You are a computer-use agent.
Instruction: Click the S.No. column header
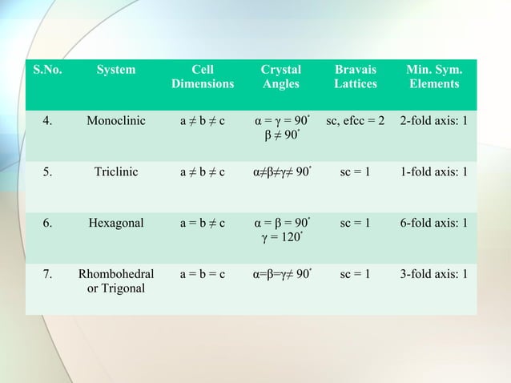coord(48,71)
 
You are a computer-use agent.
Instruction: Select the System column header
coord(116,71)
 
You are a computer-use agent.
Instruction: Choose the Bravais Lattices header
coord(355,77)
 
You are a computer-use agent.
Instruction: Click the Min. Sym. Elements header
coord(433,77)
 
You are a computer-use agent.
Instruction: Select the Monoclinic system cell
coord(116,122)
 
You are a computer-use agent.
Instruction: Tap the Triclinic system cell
coord(116,172)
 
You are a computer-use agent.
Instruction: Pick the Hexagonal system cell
coord(116,223)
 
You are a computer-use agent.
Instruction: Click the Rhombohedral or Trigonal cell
coord(116,280)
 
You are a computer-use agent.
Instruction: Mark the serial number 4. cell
coord(48,122)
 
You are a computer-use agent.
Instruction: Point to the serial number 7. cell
coord(48,274)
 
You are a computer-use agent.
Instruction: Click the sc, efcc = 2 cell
coord(355,122)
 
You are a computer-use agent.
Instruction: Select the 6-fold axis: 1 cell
coord(433,223)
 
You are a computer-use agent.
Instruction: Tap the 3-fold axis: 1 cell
coord(433,274)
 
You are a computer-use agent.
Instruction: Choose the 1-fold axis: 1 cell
coord(433,172)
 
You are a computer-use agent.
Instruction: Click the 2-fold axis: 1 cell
coord(433,122)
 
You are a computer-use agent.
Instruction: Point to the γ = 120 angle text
coord(282,236)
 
